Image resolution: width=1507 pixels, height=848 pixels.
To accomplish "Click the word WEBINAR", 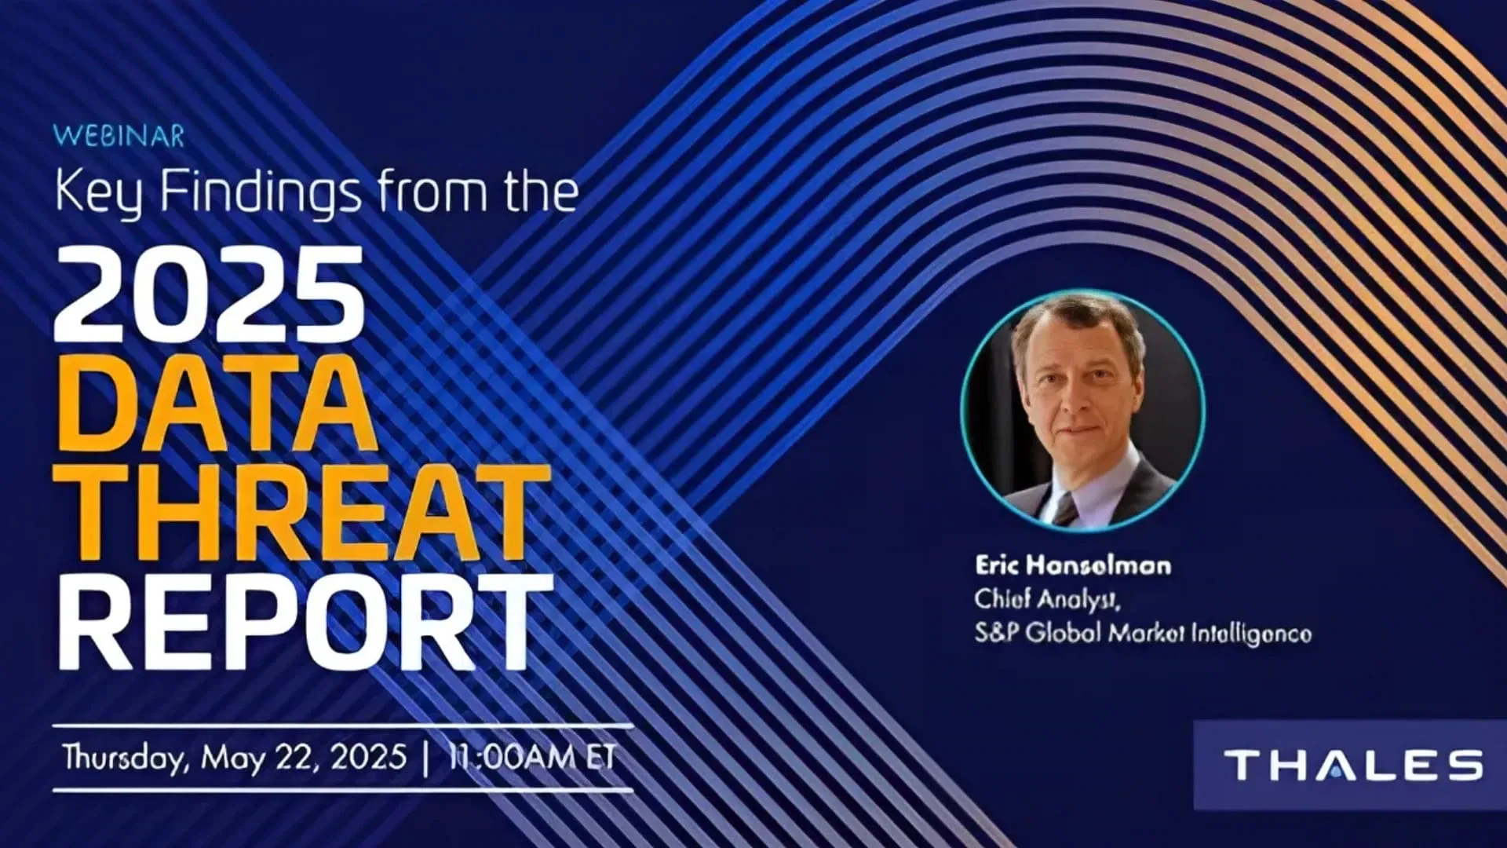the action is [x=119, y=137].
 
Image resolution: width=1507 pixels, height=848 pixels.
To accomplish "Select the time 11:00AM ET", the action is [x=531, y=758].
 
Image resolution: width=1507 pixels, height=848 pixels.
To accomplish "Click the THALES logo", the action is [x=1354, y=765].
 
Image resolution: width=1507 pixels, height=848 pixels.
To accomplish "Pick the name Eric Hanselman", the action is [x=1073, y=565].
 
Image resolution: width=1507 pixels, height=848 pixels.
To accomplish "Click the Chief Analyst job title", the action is [x=1048, y=600].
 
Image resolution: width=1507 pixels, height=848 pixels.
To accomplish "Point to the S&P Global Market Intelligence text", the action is [x=1143, y=634].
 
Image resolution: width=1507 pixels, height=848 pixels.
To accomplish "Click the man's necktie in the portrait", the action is [x=1065, y=509].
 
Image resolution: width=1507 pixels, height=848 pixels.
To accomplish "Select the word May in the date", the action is [x=233, y=760].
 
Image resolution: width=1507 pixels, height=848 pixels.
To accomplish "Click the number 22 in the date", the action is [x=297, y=758].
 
